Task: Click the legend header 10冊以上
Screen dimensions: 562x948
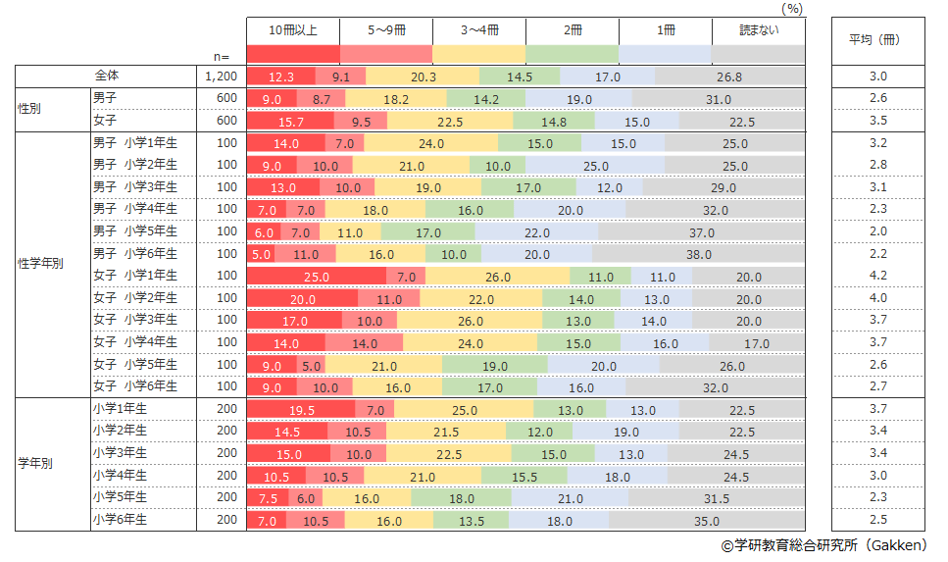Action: tap(293, 30)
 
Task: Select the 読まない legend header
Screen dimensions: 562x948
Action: tap(758, 30)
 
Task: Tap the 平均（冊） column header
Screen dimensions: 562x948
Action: tap(873, 40)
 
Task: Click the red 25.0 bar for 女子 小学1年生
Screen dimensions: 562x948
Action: tap(316, 277)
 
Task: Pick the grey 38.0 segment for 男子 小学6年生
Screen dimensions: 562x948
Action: tap(698, 254)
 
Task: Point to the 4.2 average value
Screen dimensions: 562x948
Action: tap(877, 277)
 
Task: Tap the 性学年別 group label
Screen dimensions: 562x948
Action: tap(42, 264)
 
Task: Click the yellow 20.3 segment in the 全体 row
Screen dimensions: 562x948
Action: tap(424, 76)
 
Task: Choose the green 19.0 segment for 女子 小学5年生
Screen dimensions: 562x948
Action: tap(494, 365)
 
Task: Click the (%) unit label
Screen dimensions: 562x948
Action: tap(792, 8)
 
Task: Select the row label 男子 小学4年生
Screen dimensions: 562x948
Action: tap(135, 209)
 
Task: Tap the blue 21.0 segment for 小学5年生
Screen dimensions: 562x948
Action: tap(570, 498)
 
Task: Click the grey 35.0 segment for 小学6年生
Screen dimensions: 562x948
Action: tap(706, 521)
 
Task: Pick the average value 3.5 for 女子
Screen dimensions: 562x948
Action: tap(877, 121)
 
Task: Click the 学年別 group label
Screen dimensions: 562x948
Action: tap(37, 464)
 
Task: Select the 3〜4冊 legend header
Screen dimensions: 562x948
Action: tap(479, 30)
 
